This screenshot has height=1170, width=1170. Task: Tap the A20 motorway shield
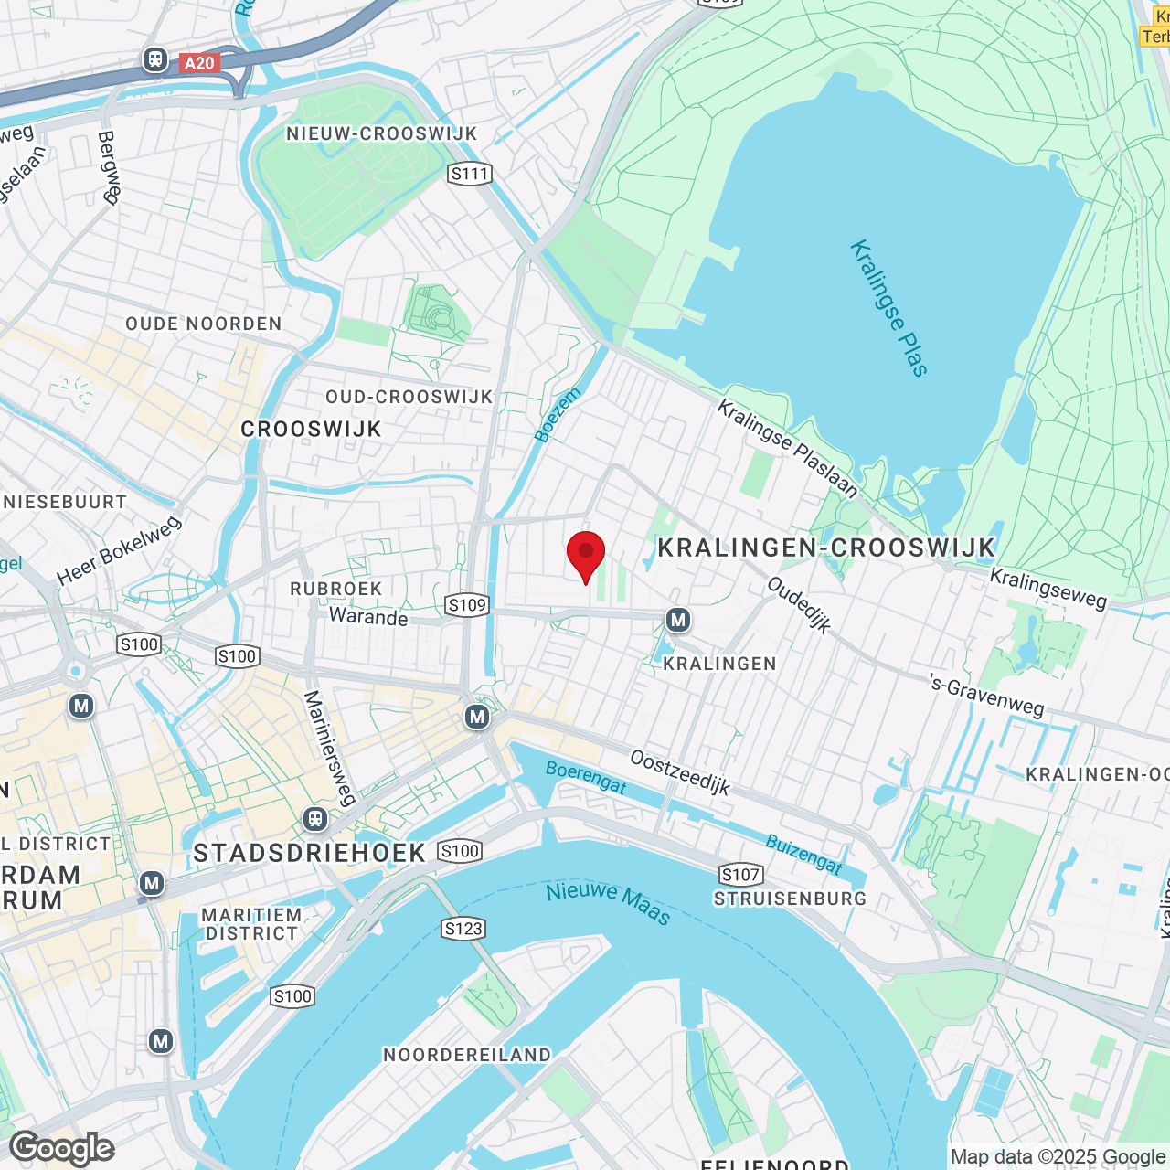(198, 62)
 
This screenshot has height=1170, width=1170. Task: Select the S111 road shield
(470, 174)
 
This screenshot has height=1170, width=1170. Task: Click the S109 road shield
(466, 605)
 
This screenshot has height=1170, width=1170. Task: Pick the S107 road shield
(740, 875)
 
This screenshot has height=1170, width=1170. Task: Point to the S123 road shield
(463, 929)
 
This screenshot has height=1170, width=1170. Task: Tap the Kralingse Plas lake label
(888, 308)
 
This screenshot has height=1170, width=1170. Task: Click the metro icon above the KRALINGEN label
(677, 621)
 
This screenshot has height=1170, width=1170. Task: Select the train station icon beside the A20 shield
(155, 60)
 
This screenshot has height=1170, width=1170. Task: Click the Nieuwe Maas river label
(608, 902)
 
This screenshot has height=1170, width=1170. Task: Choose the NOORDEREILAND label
(467, 1055)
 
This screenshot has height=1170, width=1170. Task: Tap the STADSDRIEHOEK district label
(310, 853)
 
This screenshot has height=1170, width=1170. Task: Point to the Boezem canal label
(558, 416)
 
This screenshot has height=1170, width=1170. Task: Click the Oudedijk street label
(800, 605)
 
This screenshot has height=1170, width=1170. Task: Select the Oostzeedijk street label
(680, 772)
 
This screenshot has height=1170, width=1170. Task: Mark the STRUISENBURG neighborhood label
(790, 899)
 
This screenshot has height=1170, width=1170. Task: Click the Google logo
(62, 1148)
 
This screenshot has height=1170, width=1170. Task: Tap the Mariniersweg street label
(329, 748)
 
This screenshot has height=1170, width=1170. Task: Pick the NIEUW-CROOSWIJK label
(382, 133)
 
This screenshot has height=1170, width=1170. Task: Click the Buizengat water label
(803, 854)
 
